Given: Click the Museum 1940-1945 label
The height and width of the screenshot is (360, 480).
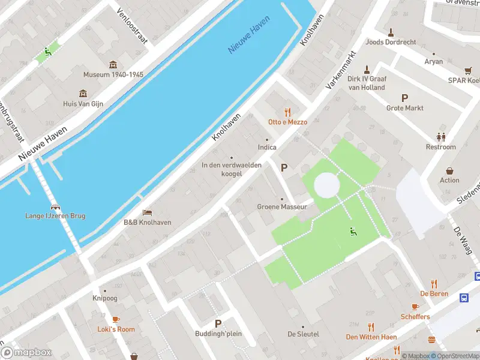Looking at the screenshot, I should pyautogui.click(x=113, y=75).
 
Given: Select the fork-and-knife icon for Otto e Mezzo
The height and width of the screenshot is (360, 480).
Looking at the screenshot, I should pyautogui.click(x=287, y=112).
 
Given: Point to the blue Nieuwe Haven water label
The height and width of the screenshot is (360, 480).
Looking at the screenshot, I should pyautogui.click(x=248, y=40).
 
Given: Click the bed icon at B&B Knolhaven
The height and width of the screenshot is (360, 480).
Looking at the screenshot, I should pyautogui.click(x=147, y=212).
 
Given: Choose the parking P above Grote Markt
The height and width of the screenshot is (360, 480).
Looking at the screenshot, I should pyautogui.click(x=404, y=98).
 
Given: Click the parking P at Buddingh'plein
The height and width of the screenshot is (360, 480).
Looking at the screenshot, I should pyautogui.click(x=218, y=323).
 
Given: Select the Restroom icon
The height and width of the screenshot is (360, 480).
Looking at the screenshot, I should pyautogui.click(x=441, y=137).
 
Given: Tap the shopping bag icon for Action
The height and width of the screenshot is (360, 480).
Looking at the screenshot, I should pyautogui.click(x=449, y=170).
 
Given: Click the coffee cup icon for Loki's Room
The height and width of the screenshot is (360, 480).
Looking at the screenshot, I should pyautogui.click(x=116, y=319).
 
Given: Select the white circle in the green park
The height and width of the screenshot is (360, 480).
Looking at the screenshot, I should pyautogui.click(x=326, y=185).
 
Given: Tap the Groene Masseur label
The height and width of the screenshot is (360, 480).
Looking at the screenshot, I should pyautogui.click(x=282, y=207).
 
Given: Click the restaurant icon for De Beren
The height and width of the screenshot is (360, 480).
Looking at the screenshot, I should pyautogui.click(x=433, y=284).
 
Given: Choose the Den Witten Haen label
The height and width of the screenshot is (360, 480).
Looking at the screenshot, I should pyautogui.click(x=371, y=337).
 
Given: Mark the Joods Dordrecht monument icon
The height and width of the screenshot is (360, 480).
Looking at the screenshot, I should pyautogui.click(x=391, y=32).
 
